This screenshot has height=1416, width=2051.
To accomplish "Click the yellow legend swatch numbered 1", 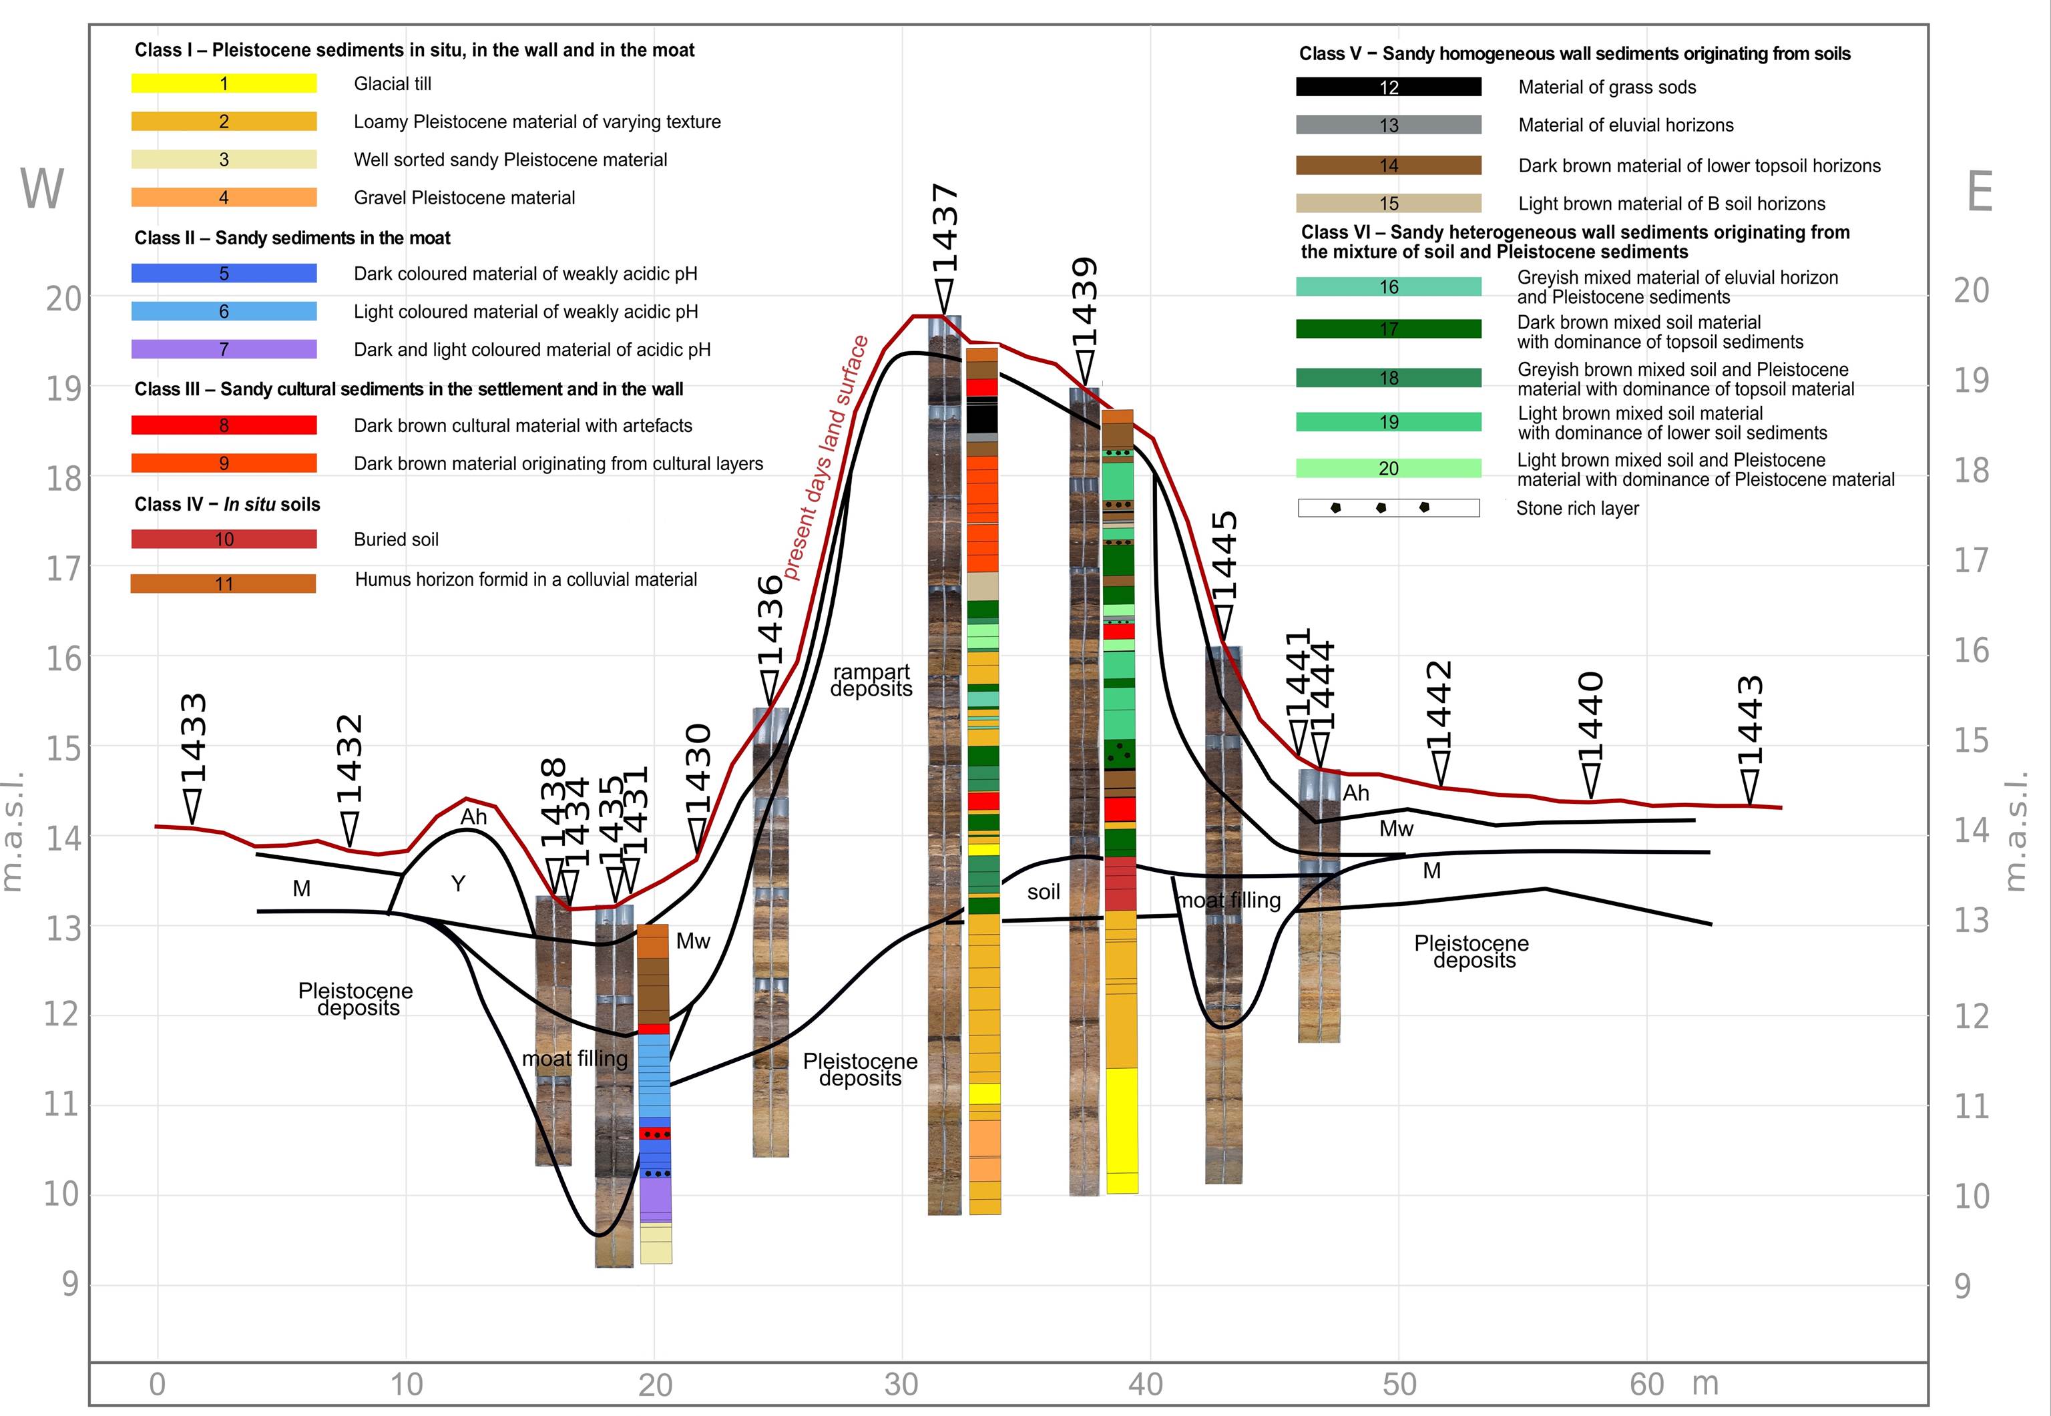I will tap(224, 83).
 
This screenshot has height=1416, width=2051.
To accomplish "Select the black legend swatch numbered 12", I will tap(1388, 87).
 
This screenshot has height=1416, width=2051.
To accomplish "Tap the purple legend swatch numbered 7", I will tap(224, 348).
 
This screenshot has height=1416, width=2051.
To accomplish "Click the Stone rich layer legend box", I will tap(1388, 507).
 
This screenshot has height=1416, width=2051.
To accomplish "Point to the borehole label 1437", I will tap(945, 228).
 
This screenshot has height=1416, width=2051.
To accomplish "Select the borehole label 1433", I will tap(194, 738).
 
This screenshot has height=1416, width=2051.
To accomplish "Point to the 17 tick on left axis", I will tap(64, 568).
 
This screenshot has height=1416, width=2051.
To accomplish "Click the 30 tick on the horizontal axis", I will tap(901, 1384).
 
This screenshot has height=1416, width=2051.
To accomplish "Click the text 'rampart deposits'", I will tap(871, 680).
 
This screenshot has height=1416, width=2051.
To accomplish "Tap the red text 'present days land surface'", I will tap(825, 457).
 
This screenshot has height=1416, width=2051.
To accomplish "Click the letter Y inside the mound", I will tap(458, 884).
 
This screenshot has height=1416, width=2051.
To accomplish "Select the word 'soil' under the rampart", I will tap(1044, 892).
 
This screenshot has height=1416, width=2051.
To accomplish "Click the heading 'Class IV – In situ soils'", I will tap(227, 504).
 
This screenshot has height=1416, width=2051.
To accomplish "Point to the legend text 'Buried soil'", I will tap(396, 539).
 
